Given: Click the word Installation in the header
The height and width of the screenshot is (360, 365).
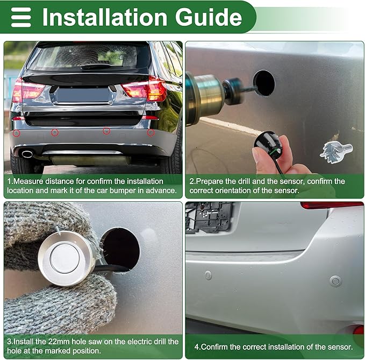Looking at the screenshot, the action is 105,17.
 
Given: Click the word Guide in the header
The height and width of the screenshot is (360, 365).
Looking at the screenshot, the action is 209,17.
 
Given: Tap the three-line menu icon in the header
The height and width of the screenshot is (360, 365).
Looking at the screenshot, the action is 21,17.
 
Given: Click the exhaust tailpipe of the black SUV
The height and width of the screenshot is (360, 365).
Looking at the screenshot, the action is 27,154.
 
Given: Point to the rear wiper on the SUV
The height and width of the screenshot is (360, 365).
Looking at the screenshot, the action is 96,67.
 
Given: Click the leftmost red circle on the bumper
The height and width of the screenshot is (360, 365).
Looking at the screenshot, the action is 17,133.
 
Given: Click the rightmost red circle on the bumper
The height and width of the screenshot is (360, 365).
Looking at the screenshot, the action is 151,132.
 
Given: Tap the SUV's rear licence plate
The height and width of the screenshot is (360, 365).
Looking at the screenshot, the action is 83,95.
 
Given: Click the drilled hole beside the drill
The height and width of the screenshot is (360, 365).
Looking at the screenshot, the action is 264,83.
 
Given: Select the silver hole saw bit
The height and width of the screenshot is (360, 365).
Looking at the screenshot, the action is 336,151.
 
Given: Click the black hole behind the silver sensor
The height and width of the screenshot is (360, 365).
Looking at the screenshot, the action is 121,248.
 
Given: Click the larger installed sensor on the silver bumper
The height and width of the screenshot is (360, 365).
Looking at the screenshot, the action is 335,281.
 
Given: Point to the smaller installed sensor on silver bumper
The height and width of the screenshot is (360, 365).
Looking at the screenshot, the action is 209,275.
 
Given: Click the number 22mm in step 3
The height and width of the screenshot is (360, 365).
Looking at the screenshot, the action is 59,342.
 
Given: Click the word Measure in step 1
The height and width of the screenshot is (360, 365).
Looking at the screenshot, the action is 28,181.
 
